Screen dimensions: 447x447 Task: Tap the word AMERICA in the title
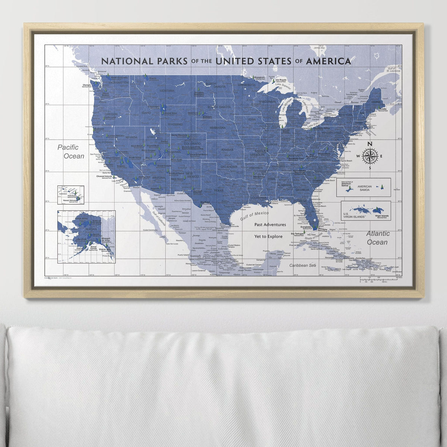[328, 61]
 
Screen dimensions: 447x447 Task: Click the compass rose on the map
[370, 156]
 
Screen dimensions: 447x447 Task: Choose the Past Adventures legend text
[270, 225]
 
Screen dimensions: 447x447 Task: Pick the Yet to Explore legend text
[268, 237]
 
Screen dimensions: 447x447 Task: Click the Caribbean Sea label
[303, 265]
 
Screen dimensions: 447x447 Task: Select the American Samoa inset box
[363, 187]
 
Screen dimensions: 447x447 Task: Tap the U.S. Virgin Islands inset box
[366, 210]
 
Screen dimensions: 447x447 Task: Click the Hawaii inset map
[70, 195]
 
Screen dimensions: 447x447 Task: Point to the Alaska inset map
[86, 237]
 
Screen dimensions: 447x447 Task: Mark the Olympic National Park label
[87, 85]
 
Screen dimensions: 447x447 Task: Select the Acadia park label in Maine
[385, 110]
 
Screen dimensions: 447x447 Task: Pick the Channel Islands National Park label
[104, 177]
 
